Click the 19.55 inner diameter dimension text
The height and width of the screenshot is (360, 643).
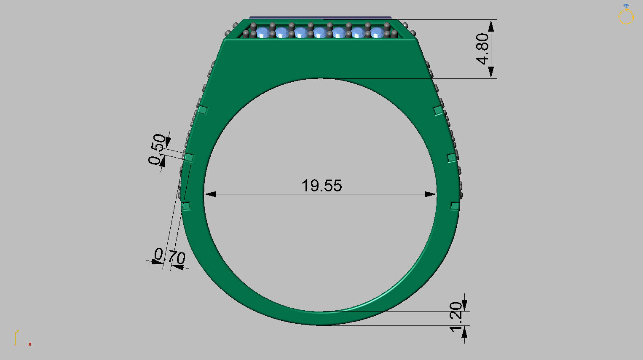[321, 185]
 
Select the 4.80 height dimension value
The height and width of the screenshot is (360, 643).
[483, 48]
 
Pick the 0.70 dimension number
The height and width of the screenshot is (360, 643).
[170, 256]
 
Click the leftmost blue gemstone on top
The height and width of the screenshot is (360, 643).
[263, 32]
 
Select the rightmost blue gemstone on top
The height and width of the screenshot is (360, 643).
[377, 32]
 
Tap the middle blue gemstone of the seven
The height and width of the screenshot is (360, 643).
[320, 32]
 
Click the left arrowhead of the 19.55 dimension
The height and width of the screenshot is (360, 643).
[210, 194]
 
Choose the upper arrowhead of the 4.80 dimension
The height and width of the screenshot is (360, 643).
[491, 25]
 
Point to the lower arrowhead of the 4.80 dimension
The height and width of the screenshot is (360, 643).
[491, 73]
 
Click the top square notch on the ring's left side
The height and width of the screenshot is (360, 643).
[203, 110]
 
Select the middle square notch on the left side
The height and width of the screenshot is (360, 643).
[188, 158]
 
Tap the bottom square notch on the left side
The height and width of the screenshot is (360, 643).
[186, 206]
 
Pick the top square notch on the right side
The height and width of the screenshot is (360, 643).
[438, 111]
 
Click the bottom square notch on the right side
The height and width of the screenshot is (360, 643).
[455, 206]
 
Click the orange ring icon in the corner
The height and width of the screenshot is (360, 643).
[626, 16]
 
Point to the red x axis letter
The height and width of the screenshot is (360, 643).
[30, 344]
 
